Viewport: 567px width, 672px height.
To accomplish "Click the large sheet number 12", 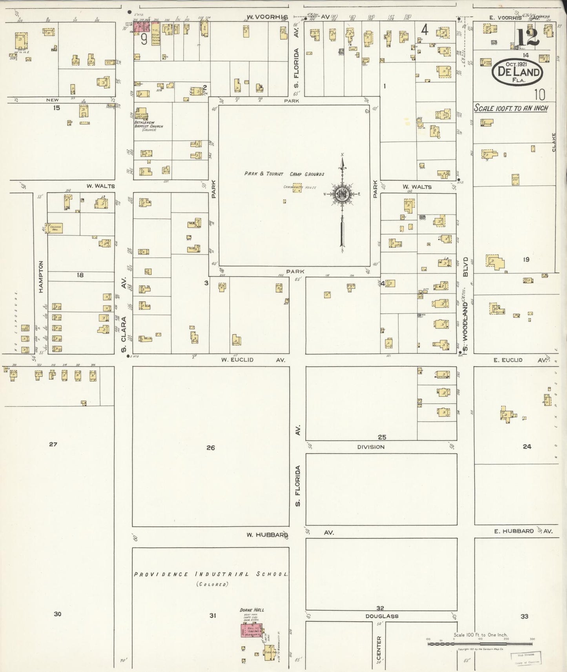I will [x=527, y=38].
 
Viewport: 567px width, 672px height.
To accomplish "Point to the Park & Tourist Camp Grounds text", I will [x=284, y=174].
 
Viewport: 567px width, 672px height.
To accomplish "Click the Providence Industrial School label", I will [x=211, y=574].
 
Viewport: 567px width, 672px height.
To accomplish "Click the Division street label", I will [x=371, y=447].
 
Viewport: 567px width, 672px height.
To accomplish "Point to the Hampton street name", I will [x=41, y=276].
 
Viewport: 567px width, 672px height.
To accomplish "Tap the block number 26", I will [x=211, y=447].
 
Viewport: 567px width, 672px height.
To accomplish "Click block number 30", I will [x=57, y=614].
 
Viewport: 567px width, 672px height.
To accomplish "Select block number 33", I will [x=524, y=616].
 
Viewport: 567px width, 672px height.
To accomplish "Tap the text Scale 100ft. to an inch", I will [x=511, y=108].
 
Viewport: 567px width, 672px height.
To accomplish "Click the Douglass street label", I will [x=382, y=616].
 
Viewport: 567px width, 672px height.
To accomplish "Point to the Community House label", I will [x=294, y=187].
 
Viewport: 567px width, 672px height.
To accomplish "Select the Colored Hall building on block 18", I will [x=55, y=228].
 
